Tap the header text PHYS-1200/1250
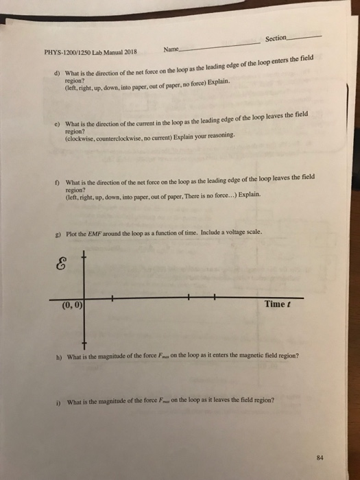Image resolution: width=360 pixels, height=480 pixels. coord(64,52)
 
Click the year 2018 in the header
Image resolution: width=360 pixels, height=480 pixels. coord(136,51)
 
